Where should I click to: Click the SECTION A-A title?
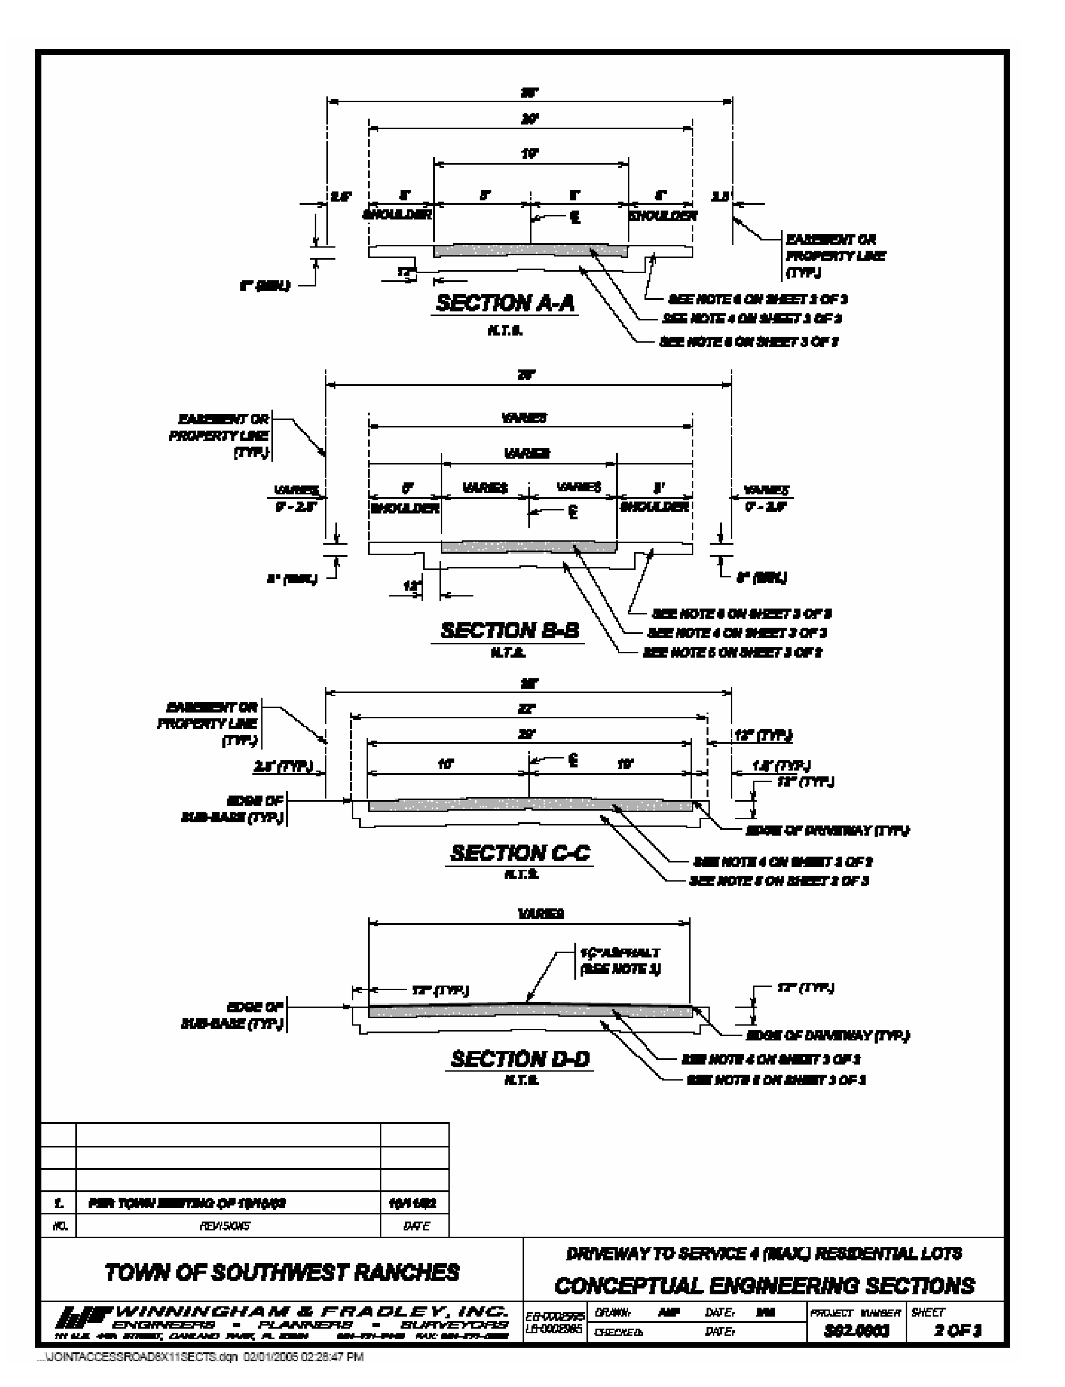point(505,303)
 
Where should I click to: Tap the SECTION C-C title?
point(520,853)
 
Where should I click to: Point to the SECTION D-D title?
point(520,1058)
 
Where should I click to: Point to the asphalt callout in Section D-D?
point(620,961)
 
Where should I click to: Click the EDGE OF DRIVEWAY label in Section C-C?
point(827,830)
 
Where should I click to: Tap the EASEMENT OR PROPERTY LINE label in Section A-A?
point(835,256)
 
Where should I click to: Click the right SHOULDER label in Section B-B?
point(654,507)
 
